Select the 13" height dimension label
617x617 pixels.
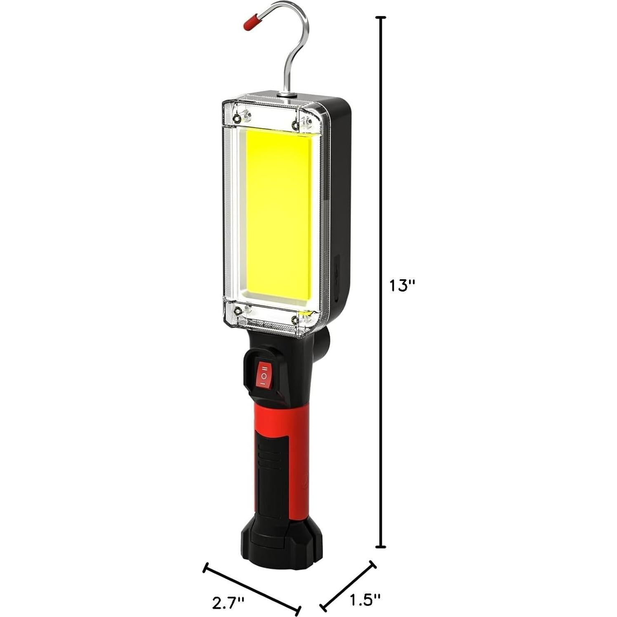point(402,285)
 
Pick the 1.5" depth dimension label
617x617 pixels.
point(365,599)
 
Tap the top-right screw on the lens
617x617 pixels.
point(295,125)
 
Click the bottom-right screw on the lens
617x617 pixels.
point(294,320)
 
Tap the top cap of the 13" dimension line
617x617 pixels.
point(382,18)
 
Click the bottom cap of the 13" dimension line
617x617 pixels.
point(382,546)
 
